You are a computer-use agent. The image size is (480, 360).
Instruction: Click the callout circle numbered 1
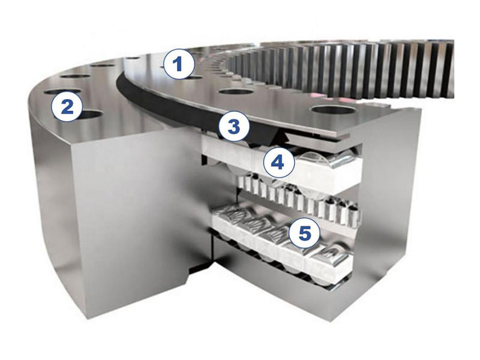pyautogui.click(x=179, y=65)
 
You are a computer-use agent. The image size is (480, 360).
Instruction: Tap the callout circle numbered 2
pyautogui.click(x=67, y=107)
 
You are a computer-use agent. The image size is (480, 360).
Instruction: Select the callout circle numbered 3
pyautogui.click(x=234, y=127)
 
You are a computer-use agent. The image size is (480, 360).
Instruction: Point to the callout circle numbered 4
pyautogui.click(x=278, y=163)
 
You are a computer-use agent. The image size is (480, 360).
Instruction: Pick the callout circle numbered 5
pyautogui.click(x=304, y=233)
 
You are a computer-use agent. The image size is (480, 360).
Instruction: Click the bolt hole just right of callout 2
pyautogui.click(x=90, y=115)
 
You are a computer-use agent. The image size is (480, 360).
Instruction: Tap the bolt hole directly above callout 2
pyautogui.click(x=62, y=91)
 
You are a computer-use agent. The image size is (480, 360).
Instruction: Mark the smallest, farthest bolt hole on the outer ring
pyautogui.click(x=133, y=58)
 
